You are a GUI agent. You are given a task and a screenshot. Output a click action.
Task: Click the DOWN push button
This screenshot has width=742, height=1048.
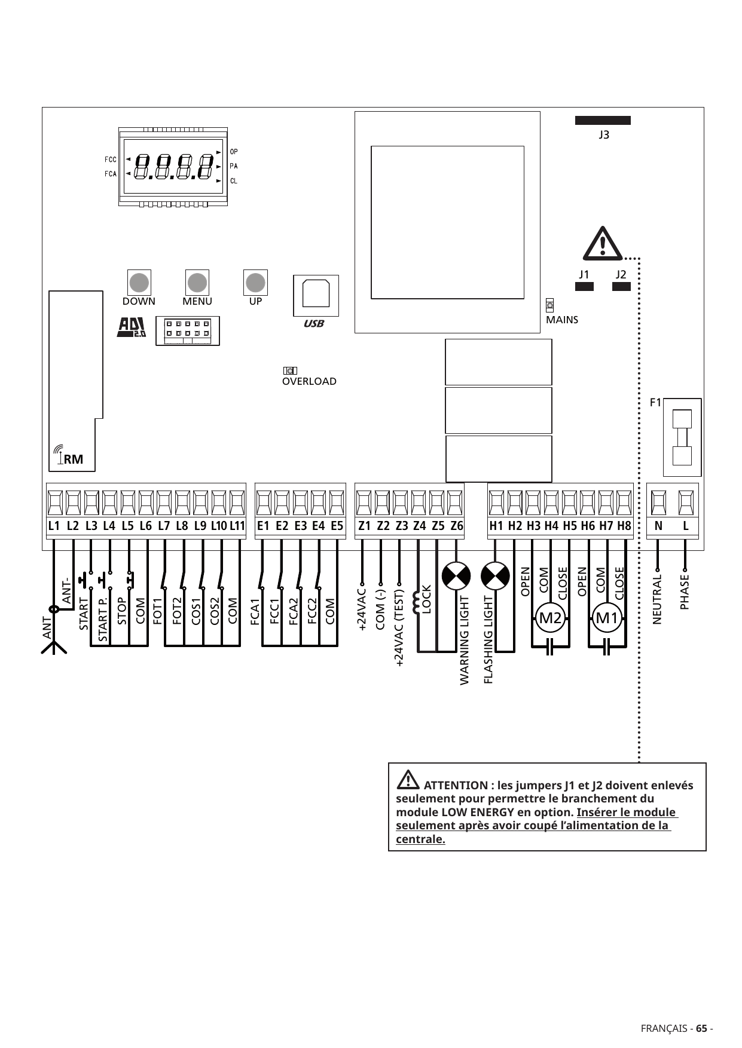pyautogui.click(x=139, y=282)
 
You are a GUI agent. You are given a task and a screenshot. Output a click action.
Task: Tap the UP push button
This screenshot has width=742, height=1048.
pyautogui.click(x=255, y=282)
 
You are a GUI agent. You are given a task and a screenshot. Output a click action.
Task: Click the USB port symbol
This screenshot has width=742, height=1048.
pyautogui.click(x=316, y=295)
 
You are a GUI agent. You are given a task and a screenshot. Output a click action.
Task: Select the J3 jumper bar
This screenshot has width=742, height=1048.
pyautogui.click(x=603, y=120)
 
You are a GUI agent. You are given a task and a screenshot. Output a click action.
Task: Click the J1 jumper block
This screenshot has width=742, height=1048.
pyautogui.click(x=584, y=286)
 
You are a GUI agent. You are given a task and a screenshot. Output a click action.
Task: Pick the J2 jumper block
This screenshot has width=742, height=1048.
pyautogui.click(x=621, y=286)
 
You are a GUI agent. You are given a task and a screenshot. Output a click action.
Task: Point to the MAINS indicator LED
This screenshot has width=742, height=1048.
pyautogui.click(x=550, y=305)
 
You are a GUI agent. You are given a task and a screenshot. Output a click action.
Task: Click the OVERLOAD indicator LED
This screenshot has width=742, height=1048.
pyautogui.click(x=290, y=371)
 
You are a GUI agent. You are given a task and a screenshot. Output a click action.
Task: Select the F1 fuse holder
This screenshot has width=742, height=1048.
pyautogui.click(x=682, y=437)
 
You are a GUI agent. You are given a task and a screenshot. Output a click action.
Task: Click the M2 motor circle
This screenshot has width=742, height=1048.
pyautogui.click(x=551, y=618)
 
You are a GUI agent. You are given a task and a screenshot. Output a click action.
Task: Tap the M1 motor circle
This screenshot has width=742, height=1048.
pyautogui.click(x=607, y=618)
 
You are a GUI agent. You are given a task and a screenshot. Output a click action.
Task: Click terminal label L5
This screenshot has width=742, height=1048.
pyautogui.click(x=127, y=526)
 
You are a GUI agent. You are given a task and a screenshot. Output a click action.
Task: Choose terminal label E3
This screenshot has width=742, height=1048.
pyautogui.click(x=301, y=526)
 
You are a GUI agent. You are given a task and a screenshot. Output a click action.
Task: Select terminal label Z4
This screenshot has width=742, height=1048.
pyautogui.click(x=420, y=526)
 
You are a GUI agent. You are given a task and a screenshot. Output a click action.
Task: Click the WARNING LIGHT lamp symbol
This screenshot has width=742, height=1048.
pyautogui.click(x=456, y=576)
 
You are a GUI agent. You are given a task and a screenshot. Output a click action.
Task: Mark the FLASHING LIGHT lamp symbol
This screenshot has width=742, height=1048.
pyautogui.click(x=495, y=576)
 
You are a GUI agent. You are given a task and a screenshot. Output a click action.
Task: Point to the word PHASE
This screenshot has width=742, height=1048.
pyautogui.click(x=685, y=592)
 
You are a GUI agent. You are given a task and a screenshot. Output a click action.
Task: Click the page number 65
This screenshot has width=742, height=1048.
pyautogui.click(x=701, y=1029)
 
